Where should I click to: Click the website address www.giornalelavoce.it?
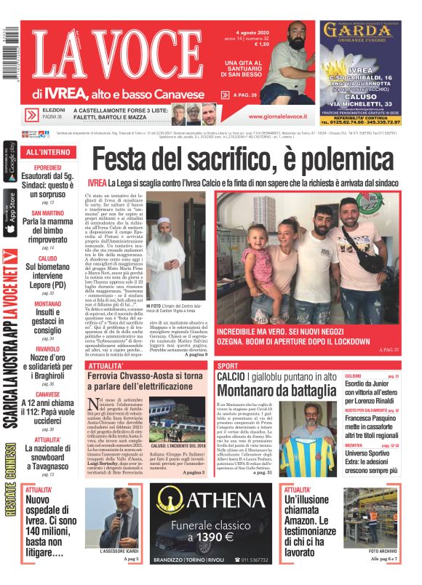[279, 116]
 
